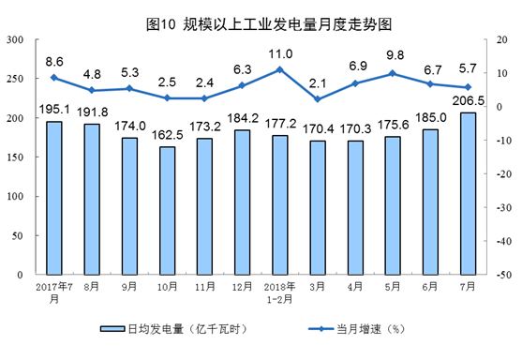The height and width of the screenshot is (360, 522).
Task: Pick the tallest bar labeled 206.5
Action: click(468, 194)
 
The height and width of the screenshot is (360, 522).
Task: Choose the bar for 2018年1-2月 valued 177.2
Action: click(279, 205)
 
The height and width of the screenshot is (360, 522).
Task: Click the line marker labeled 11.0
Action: click(280, 69)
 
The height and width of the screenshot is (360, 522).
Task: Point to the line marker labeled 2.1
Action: click(318, 99)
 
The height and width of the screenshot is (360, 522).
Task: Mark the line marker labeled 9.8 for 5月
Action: click(393, 73)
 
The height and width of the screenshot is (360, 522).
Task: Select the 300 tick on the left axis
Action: click(16, 39)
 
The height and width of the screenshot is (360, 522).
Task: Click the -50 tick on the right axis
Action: click(503, 276)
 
